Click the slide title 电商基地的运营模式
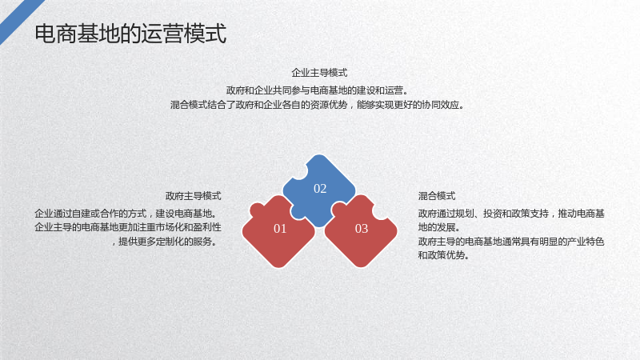click(x=130, y=34)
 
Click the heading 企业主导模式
click(x=319, y=73)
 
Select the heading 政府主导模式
click(x=193, y=196)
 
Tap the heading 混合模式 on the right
click(x=437, y=196)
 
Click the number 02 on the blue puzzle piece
click(x=320, y=189)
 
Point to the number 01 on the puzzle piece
click(x=280, y=229)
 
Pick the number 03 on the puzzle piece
click(x=362, y=229)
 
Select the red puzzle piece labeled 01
click(x=278, y=232)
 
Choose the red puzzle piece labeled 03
click(x=361, y=232)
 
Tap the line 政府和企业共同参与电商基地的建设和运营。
click(x=318, y=90)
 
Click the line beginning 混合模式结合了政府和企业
click(x=318, y=105)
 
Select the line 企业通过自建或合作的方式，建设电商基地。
click(x=126, y=214)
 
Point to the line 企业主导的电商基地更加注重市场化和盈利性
click(x=128, y=227)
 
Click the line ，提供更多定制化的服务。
click(x=164, y=242)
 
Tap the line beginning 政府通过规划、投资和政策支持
click(x=511, y=214)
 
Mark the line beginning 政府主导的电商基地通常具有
click(x=511, y=242)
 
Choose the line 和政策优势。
click(x=444, y=255)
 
